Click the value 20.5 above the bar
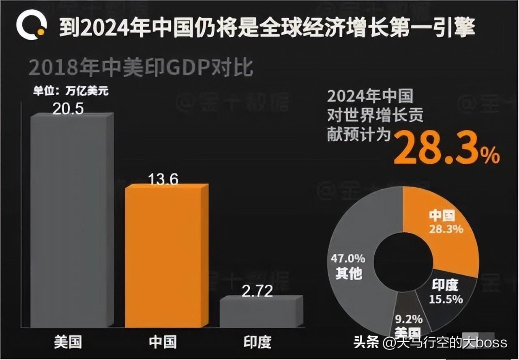(68, 108)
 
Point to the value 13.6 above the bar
(163, 179)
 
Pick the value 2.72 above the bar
(257, 291)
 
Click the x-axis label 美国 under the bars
(68, 342)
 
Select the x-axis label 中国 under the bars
(163, 342)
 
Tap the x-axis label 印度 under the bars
(257, 342)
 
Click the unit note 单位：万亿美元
(71, 91)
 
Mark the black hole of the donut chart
(403, 259)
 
